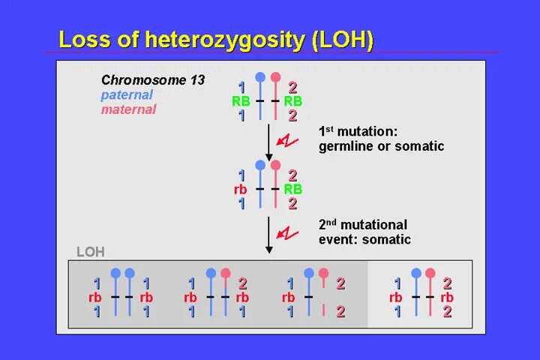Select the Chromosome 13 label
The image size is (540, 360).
pyautogui.click(x=153, y=79)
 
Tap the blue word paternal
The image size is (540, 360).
pyautogui.click(x=127, y=94)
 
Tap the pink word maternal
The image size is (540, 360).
pyautogui.click(x=129, y=109)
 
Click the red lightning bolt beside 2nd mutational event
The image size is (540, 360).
pyautogui.click(x=288, y=232)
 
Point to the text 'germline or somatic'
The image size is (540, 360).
pyautogui.click(x=381, y=146)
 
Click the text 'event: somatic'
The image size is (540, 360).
pyautogui.click(x=364, y=240)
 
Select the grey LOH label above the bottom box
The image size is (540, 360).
pyautogui.click(x=91, y=252)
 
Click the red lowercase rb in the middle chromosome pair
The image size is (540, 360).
pyautogui.click(x=240, y=190)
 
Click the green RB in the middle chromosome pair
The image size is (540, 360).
pyautogui.click(x=292, y=190)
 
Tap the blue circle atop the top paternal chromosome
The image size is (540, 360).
pyautogui.click(x=260, y=76)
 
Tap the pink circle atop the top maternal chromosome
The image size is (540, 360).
pyautogui.click(x=275, y=76)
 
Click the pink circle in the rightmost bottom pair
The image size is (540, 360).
pyautogui.click(x=430, y=273)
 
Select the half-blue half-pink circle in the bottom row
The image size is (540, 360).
pyautogui.click(x=225, y=273)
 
